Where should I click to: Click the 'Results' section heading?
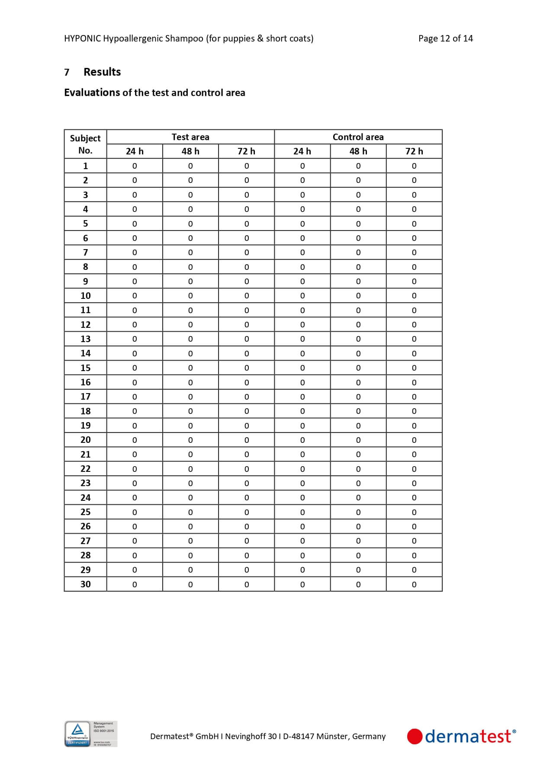[102, 72]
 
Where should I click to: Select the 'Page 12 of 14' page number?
[445, 38]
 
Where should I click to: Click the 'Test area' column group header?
[190, 137]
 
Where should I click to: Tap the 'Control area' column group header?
[358, 137]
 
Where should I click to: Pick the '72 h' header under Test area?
[246, 151]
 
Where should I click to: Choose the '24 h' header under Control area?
[302, 151]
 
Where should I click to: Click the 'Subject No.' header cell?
[85, 144]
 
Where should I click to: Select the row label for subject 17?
[85, 397]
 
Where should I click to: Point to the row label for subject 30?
[85, 584]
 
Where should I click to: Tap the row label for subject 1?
[85, 166]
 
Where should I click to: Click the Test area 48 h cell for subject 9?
[190, 282]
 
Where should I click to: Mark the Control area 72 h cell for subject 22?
[414, 469]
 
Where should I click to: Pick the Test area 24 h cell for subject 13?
[135, 339]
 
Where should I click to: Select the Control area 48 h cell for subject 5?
[358, 224]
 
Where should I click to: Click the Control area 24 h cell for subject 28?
[302, 555]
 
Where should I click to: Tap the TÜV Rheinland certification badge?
[90, 733]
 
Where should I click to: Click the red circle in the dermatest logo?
[415, 737]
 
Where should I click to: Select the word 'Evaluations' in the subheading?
[92, 93]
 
